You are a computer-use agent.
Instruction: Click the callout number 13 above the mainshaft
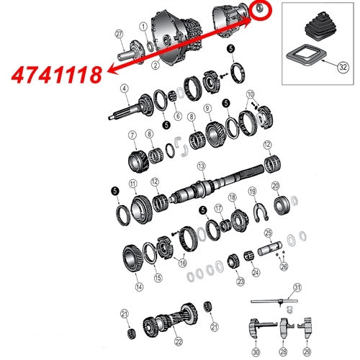202,166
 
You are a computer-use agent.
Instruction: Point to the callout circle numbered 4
125,89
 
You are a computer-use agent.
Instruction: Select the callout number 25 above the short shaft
267,233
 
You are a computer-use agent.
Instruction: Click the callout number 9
206,109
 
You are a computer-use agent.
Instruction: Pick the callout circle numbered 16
182,253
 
